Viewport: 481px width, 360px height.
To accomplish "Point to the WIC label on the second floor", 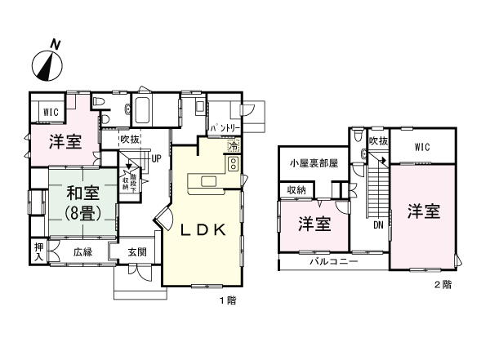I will pyautogui.click(x=421, y=147).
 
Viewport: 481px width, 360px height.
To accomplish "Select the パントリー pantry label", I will pyautogui.click(x=223, y=129).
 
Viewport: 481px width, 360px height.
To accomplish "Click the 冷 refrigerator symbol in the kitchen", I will pyautogui.click(x=233, y=147).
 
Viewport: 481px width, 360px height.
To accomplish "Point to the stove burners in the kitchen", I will pyautogui.click(x=233, y=163).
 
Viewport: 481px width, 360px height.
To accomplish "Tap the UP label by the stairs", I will pyautogui.click(x=155, y=158).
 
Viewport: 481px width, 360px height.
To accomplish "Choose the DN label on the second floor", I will pyautogui.click(x=378, y=225).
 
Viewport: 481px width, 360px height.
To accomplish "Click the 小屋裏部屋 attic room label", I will pyautogui.click(x=314, y=163).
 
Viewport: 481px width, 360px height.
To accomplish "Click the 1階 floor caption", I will pyautogui.click(x=227, y=301).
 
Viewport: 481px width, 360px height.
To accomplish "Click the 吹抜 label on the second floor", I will pyautogui.click(x=376, y=140).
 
